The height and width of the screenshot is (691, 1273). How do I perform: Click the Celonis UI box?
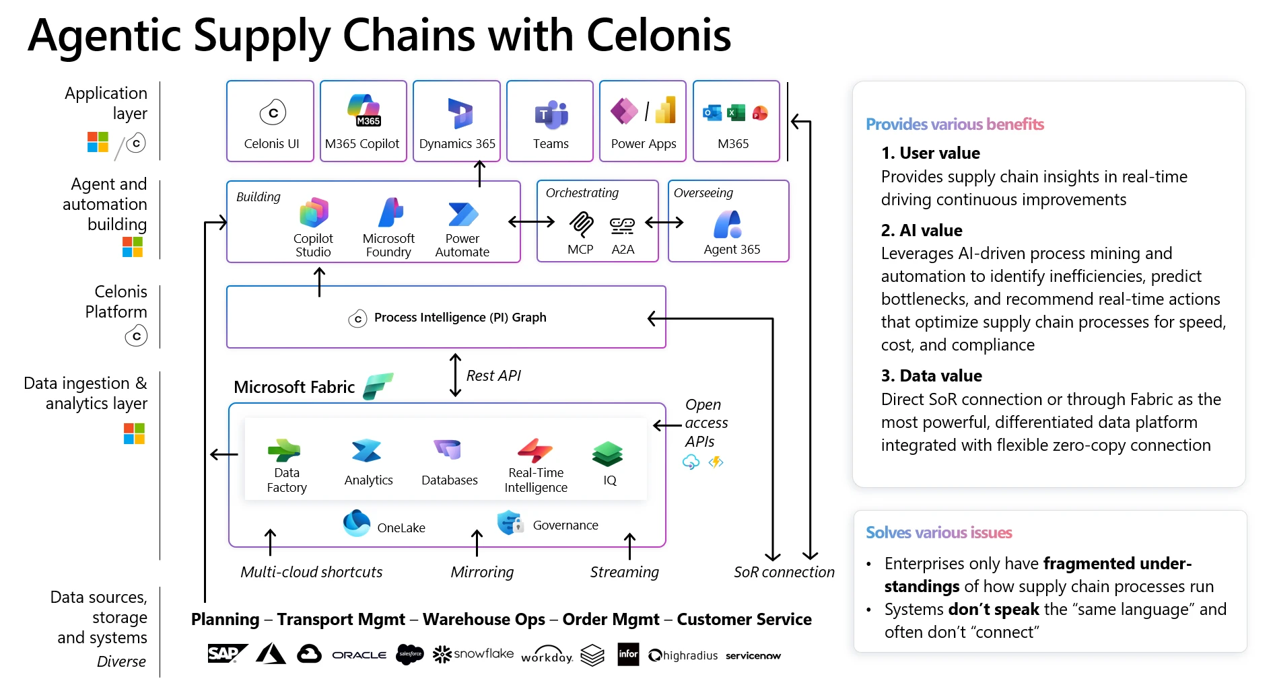coord(270,121)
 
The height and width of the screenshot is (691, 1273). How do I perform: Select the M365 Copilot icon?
coord(364,110)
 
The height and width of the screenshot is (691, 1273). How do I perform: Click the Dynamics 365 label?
coord(457,144)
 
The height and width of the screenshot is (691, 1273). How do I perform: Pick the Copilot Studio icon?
coord(314,213)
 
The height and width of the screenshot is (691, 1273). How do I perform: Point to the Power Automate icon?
coord(462,214)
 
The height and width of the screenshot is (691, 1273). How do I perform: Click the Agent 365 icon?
coord(728,224)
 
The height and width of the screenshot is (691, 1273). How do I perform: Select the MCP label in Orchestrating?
coord(580,250)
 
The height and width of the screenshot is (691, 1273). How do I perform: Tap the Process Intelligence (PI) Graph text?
coord(460,318)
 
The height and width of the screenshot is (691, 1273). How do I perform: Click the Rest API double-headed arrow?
coord(456,375)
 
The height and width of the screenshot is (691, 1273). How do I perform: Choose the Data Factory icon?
coord(284,450)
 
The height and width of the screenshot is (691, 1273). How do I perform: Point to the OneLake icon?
coord(357,523)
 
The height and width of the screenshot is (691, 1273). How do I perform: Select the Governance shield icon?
coord(510,523)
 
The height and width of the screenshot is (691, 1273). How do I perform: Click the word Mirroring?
coord(482,572)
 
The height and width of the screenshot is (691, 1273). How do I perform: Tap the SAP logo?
coord(226,653)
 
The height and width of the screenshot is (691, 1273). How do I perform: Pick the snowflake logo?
coord(473,654)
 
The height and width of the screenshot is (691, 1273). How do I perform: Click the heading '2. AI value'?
coord(922,231)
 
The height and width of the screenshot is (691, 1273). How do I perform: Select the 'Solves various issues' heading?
coord(938,533)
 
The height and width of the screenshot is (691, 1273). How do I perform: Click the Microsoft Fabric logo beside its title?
coord(378,386)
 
